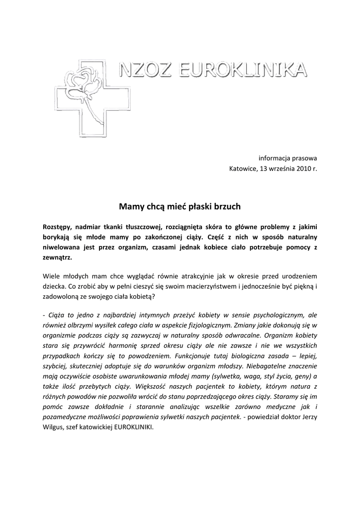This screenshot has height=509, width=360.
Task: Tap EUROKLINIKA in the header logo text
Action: (x=242, y=71)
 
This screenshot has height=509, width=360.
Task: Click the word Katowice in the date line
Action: (x=243, y=169)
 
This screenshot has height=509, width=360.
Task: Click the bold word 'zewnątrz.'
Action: (x=58, y=258)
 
